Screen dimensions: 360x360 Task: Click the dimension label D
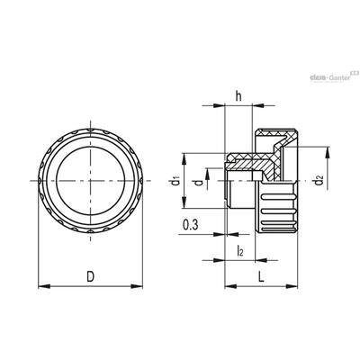point(90,276)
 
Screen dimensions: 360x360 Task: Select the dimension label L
point(262,276)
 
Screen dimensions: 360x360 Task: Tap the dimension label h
point(238,96)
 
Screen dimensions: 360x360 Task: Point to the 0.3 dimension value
point(191,225)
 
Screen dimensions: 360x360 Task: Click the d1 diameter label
point(174,181)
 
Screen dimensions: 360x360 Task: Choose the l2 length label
point(240,250)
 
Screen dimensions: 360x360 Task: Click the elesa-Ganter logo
point(334,76)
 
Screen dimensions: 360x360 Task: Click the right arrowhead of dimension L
point(292,286)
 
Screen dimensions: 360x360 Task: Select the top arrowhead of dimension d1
point(184,158)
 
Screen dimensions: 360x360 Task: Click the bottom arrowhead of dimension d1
point(184,202)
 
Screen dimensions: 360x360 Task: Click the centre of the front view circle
point(90,181)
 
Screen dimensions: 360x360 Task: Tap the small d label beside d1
point(198,182)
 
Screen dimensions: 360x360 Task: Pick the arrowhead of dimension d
point(207,175)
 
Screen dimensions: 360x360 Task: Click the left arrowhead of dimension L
point(230,286)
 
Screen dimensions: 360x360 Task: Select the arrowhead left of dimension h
point(219,105)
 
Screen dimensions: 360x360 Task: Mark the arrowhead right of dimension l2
point(261,260)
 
